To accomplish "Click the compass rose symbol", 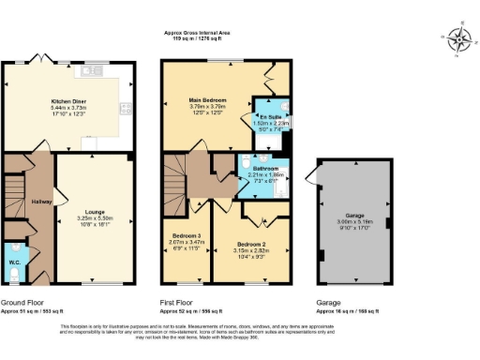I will pos(459,38).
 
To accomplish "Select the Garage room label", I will pos(353,213).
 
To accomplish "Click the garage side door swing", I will pos(310,185).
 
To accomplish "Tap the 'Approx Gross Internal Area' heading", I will pos(202,33).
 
